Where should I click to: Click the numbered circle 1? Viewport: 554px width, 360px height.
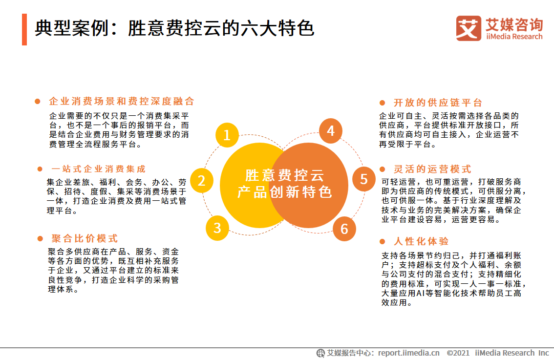pyautogui.click(x=227, y=135)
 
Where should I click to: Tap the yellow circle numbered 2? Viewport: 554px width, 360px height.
pyautogui.click(x=202, y=181)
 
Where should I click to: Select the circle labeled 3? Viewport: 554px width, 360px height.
pyautogui.click(x=217, y=228)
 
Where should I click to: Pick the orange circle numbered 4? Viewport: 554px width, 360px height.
pyautogui.click(x=331, y=131)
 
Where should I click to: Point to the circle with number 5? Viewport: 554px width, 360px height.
pyautogui.click(x=364, y=179)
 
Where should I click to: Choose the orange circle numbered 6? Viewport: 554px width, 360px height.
pyautogui.click(x=344, y=229)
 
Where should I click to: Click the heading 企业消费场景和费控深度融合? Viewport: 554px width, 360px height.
pyautogui.click(x=122, y=102)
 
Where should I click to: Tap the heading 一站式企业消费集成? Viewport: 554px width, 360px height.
pyautogui.click(x=99, y=169)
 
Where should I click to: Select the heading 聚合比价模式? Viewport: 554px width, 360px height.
pyautogui.click(x=85, y=238)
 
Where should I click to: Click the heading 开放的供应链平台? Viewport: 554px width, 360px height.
pyautogui.click(x=438, y=103)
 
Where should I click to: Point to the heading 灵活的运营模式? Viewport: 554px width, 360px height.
pyautogui.click(x=432, y=169)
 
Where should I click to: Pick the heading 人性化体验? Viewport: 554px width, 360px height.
pyautogui.click(x=421, y=241)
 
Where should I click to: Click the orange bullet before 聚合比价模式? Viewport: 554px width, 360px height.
pyautogui.click(x=41, y=239)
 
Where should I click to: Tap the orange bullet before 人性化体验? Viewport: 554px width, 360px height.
pyautogui.click(x=383, y=242)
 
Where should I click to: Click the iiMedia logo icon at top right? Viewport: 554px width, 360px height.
pyautogui.click(x=469, y=28)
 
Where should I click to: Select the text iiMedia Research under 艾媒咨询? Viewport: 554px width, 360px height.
pyautogui.click(x=514, y=37)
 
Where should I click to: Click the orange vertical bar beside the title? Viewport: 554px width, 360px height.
pyautogui.click(x=24, y=29)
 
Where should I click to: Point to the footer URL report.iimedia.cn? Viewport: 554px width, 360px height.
pyautogui.click(x=409, y=353)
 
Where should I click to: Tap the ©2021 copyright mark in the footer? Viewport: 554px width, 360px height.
pyautogui.click(x=458, y=353)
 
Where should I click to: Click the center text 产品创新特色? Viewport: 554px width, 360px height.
pyautogui.click(x=284, y=192)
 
